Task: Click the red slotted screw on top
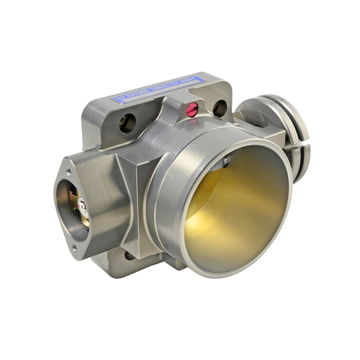192,109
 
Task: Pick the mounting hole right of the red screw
220,108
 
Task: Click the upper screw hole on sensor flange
69,171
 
